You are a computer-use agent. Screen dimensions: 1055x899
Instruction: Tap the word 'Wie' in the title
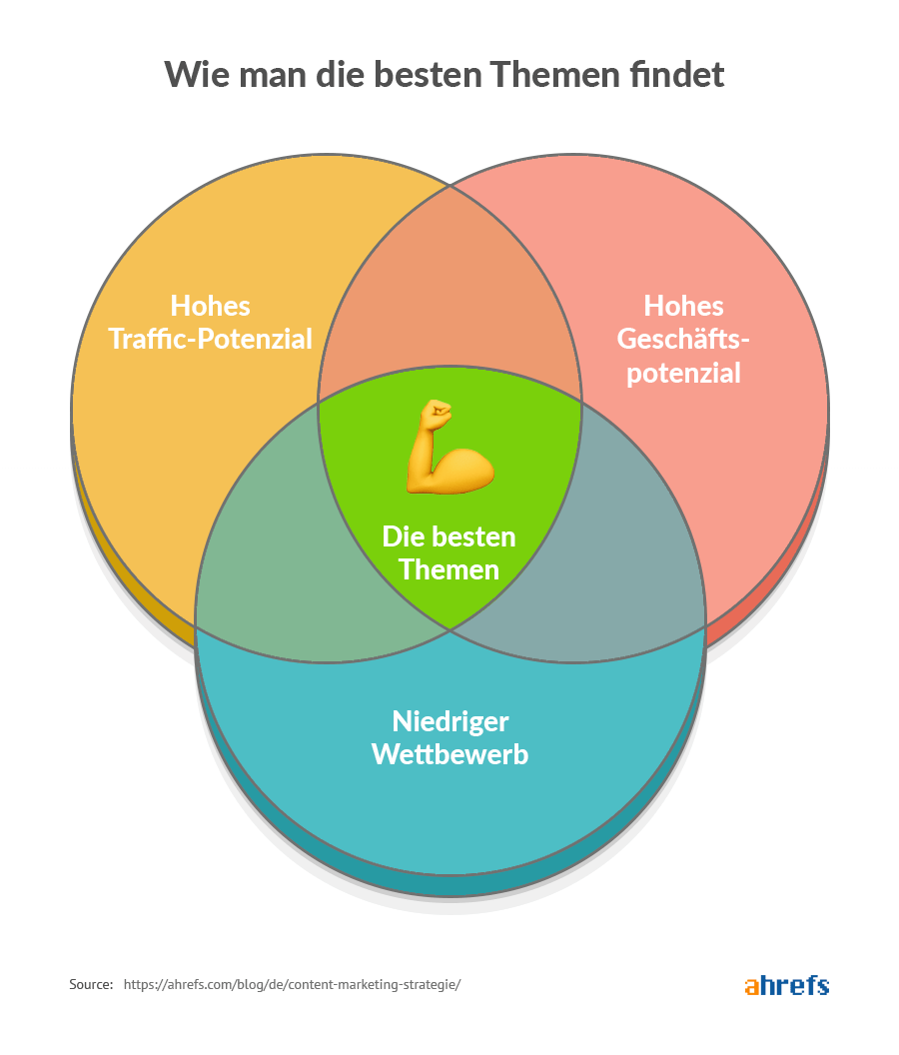196,75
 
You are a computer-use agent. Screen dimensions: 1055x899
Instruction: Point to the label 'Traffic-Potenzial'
210,339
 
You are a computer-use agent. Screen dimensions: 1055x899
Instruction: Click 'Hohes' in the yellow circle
210,305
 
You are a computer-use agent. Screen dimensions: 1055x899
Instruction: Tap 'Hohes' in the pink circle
683,305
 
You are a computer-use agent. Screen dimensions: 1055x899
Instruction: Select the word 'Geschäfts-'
683,339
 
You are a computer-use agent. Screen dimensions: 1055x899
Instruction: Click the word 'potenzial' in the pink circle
683,373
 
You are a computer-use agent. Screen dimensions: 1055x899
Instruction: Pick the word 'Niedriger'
449,720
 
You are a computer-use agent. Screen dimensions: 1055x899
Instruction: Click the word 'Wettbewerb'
449,754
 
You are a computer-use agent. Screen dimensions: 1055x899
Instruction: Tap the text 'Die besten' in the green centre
449,536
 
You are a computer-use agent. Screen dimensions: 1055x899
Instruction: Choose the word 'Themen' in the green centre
449,569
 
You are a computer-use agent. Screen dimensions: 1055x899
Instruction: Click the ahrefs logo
787,985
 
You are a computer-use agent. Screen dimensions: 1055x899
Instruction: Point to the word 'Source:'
91,985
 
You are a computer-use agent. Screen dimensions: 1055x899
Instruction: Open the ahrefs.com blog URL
292,985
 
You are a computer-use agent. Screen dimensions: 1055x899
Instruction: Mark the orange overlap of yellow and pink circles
449,290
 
